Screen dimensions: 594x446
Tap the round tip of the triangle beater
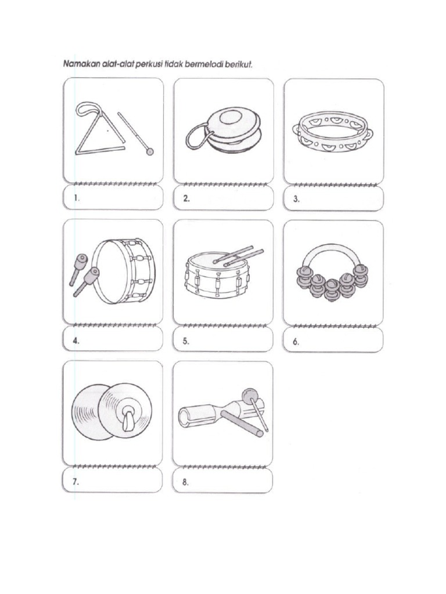click(x=150, y=152)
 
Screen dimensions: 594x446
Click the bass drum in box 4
click(x=125, y=270)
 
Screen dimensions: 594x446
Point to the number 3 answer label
click(x=296, y=199)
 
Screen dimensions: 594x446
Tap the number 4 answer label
click(x=76, y=341)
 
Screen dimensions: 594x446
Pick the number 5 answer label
click(x=186, y=341)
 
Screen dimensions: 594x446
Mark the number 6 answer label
click(x=296, y=342)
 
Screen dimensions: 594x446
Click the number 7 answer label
click(x=76, y=482)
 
